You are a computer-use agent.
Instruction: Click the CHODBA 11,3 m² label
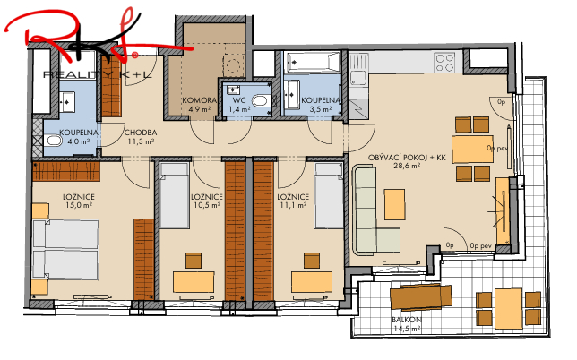(141, 136)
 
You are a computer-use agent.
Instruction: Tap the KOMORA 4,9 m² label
(196, 104)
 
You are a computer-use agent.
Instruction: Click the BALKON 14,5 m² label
(407, 325)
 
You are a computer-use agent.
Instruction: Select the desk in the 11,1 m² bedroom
(313, 281)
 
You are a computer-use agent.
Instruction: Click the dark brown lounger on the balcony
(419, 296)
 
